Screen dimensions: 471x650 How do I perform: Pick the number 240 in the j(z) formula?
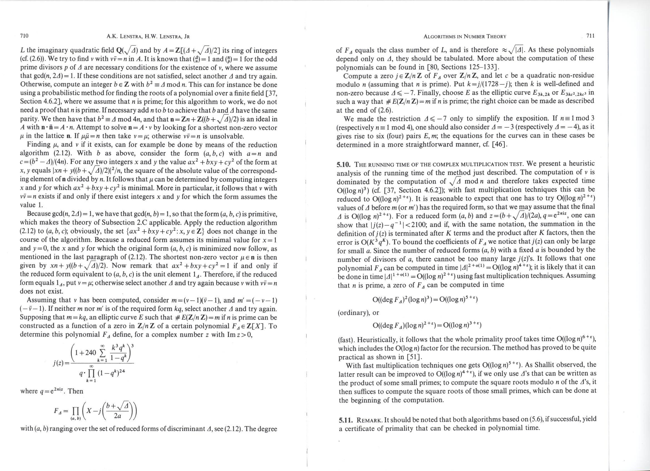click(x=91, y=352)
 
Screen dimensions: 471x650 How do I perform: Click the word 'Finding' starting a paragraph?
click(x=38, y=145)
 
